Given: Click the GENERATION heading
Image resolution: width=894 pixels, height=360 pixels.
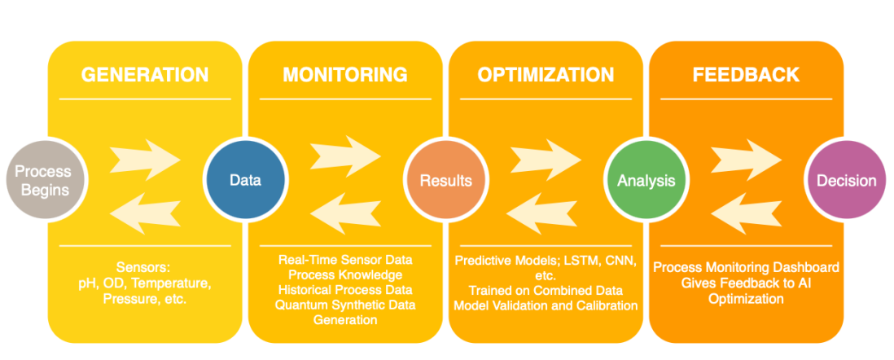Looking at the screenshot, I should click(x=145, y=75).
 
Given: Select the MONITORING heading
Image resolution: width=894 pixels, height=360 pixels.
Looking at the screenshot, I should click(x=344, y=75).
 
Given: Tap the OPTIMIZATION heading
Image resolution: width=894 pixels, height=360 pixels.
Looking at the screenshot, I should click(x=545, y=75).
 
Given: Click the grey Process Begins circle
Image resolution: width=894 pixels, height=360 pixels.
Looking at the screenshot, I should click(x=43, y=180).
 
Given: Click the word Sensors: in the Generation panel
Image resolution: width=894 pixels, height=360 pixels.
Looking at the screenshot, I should click(x=145, y=267).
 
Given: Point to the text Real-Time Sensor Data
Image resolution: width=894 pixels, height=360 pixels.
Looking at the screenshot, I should click(x=344, y=260).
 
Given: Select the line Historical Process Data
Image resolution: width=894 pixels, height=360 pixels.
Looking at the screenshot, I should click(x=344, y=290).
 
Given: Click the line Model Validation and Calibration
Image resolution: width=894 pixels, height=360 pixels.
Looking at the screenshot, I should click(x=545, y=305).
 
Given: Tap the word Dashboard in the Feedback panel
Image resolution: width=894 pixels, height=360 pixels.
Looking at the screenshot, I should click(x=804, y=267).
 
